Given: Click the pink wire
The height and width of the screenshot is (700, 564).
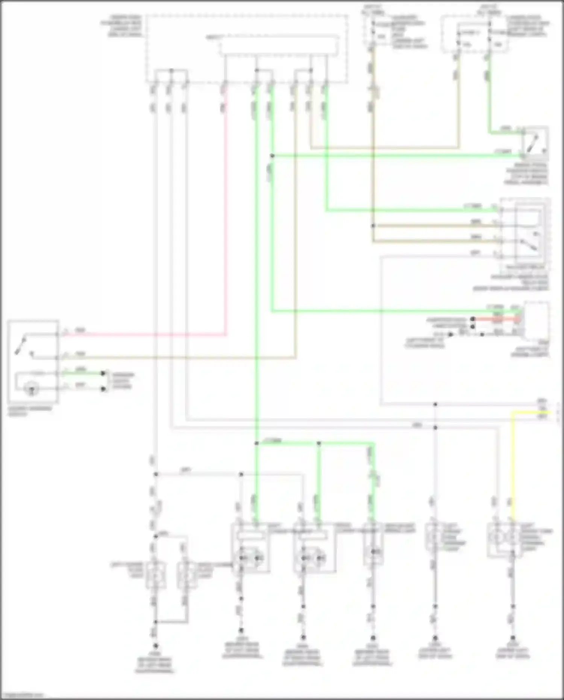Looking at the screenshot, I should (x=226, y=226).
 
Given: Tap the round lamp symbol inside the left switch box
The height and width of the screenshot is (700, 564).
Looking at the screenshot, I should (x=32, y=389).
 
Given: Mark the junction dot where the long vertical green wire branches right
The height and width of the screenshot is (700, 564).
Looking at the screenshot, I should (x=257, y=443).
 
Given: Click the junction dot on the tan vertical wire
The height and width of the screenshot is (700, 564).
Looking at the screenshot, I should (x=373, y=226).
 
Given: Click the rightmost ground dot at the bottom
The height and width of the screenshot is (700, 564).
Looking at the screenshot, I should (x=513, y=638).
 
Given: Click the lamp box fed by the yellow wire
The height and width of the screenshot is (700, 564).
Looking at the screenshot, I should (x=504, y=540).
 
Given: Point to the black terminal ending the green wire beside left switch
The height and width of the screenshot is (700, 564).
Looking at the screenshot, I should (x=103, y=374).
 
